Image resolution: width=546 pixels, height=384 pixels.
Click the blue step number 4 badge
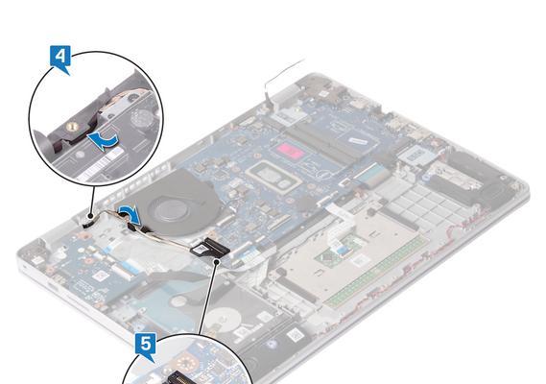pyautogui.click(x=60, y=58)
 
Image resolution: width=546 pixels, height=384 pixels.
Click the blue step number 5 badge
pyautogui.click(x=145, y=346)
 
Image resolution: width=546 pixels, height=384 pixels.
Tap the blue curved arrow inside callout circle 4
pyautogui.click(x=103, y=140)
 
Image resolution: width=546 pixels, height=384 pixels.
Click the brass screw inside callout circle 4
pyautogui.click(x=73, y=127)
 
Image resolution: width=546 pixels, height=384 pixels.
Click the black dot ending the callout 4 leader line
pyautogui.click(x=90, y=217)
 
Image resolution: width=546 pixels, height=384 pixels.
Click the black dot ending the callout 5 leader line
pyautogui.click(x=217, y=261)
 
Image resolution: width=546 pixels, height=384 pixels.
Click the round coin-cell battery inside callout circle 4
pyautogui.click(x=141, y=118)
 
